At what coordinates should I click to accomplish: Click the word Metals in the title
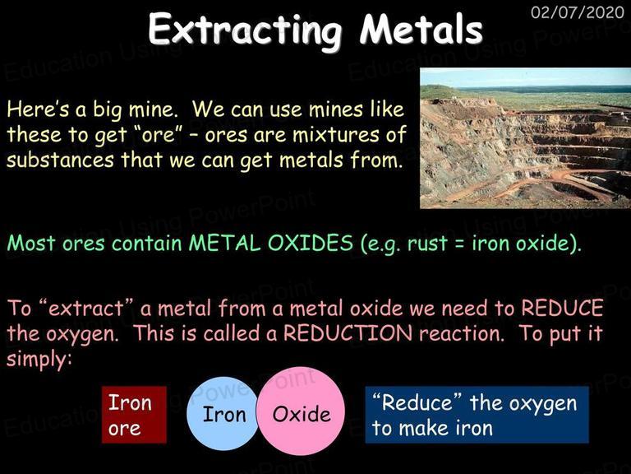point(421,29)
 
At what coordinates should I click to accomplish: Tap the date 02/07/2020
point(577,12)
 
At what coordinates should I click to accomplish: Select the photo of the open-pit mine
point(525,138)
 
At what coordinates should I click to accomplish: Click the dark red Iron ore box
point(134,415)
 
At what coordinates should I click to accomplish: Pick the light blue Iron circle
point(223,414)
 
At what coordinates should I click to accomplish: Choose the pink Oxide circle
point(301,411)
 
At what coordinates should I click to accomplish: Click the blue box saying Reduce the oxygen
point(477,415)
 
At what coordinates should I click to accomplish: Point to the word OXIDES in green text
point(311,243)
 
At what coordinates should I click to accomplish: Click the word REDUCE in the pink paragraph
point(562,308)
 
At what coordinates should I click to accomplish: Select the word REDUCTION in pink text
point(348,333)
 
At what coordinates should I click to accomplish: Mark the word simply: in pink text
point(39,360)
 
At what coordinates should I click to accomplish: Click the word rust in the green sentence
point(427,244)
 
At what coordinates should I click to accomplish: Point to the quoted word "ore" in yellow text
point(159,135)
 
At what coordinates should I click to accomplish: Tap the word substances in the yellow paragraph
point(60,160)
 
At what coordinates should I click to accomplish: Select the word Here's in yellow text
point(39,109)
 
